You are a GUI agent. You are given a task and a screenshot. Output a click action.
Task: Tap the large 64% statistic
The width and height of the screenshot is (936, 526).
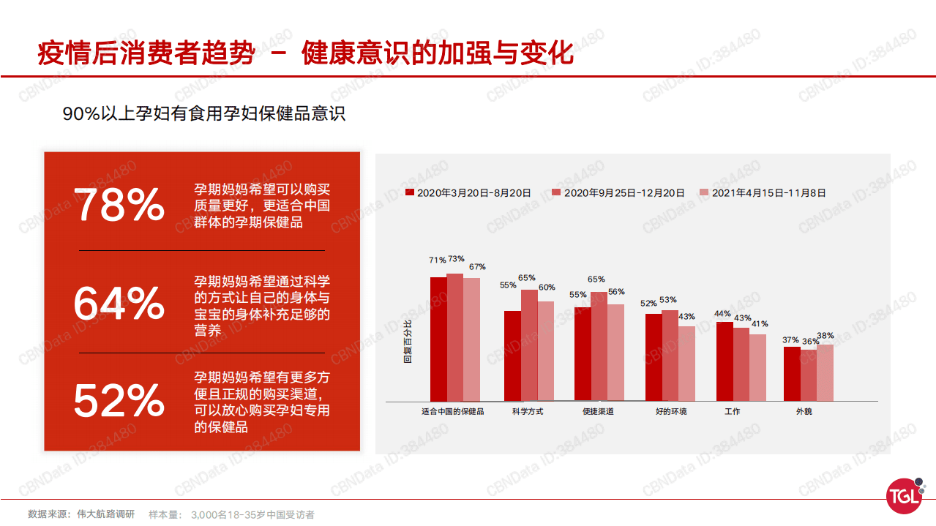click(119, 304)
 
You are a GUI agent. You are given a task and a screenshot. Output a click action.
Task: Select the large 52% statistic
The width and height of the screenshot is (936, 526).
click(119, 401)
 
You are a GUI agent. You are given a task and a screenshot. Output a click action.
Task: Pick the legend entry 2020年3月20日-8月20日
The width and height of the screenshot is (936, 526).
click(468, 193)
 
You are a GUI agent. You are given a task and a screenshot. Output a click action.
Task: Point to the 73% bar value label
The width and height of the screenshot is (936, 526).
click(456, 259)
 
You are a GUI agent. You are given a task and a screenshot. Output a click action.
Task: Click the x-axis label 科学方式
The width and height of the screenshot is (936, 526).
click(528, 411)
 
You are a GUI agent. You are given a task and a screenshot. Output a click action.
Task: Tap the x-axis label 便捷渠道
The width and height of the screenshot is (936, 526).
click(598, 411)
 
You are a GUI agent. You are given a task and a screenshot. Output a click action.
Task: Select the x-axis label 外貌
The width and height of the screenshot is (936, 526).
click(804, 411)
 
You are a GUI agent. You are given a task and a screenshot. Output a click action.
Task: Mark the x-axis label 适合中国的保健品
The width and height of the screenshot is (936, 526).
click(452, 411)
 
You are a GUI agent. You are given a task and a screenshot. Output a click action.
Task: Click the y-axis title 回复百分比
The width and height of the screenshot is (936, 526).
click(408, 342)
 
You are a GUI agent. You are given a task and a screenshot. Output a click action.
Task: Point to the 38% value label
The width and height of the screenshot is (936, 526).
click(825, 336)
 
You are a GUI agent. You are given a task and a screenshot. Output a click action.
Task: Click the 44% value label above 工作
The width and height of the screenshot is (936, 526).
click(722, 314)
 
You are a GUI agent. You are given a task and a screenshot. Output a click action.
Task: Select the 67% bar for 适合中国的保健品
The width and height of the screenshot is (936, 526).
click(471, 339)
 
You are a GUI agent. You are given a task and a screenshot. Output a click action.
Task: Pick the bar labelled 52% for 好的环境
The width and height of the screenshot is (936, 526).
click(654, 357)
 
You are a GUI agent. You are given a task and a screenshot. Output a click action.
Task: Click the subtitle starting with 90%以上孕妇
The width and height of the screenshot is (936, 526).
click(203, 115)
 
